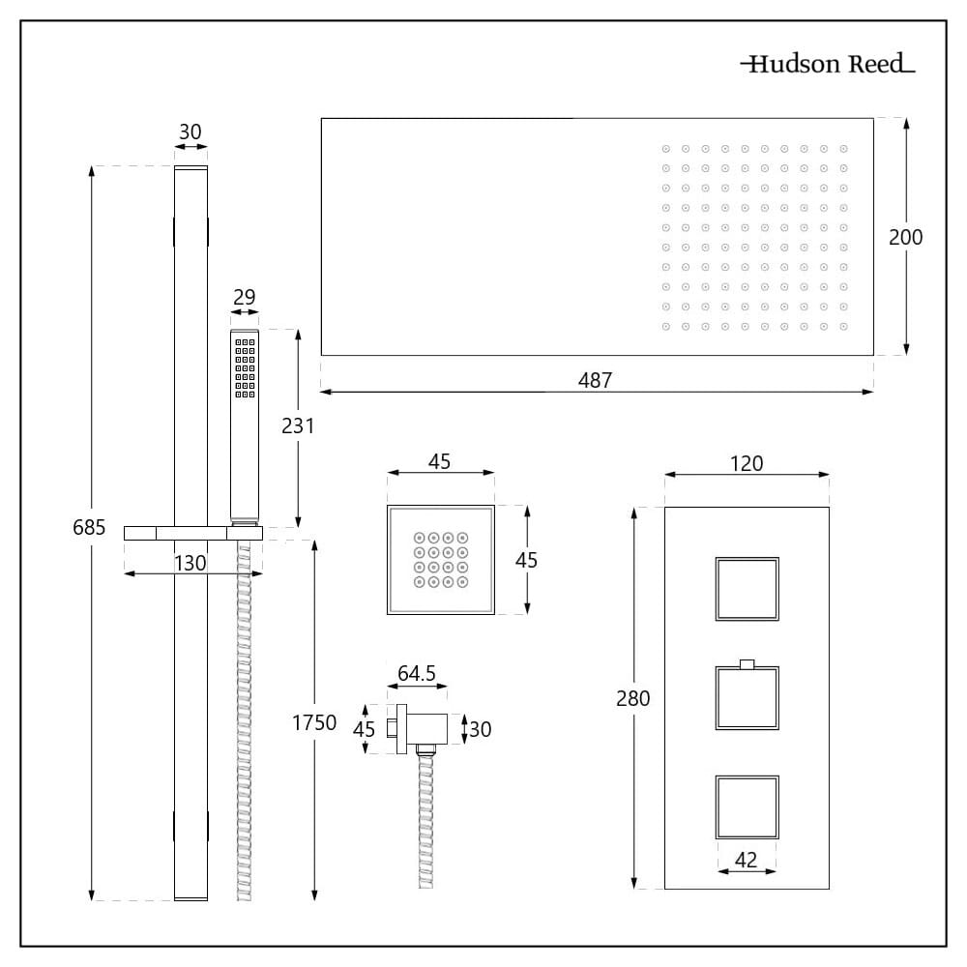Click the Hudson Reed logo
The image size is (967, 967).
point(828,64)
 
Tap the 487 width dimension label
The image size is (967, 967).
point(595,380)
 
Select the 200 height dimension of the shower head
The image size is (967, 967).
point(905,237)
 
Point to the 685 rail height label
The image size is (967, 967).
point(89,527)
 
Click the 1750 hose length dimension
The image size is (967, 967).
point(314,722)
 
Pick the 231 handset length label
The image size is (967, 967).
point(298,425)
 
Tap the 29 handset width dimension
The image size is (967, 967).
point(245,297)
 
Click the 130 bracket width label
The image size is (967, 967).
point(190,563)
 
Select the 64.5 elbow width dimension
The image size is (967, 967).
point(416,673)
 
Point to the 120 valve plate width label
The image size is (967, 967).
point(747,463)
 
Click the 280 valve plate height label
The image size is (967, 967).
point(632,698)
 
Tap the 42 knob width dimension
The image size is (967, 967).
point(747,860)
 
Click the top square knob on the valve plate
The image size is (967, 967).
point(747,589)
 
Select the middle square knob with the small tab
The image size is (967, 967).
point(747,695)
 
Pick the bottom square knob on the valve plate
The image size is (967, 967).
point(747,807)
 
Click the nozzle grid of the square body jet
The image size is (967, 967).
point(441,559)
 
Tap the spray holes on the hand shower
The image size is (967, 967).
point(245,368)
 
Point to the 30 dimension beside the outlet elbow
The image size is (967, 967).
point(480,729)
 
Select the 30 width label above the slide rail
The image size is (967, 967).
point(190,132)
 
